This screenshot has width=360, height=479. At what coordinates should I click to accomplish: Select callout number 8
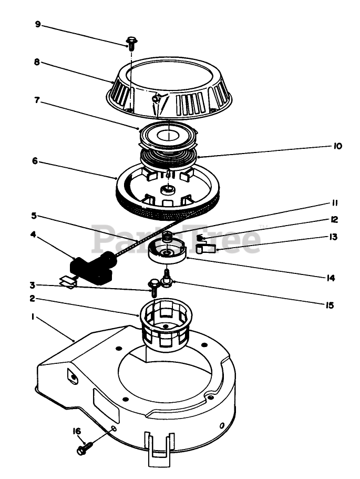[x=37, y=62]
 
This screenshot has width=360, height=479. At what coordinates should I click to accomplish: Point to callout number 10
[x=337, y=146]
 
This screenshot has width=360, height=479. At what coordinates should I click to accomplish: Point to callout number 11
[x=335, y=203]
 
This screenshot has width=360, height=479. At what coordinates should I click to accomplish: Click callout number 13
[x=334, y=237]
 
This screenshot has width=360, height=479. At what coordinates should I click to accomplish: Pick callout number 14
[x=330, y=278]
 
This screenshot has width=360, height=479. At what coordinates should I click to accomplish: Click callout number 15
[x=330, y=304]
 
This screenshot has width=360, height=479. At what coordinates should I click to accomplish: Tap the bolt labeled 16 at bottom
[x=84, y=449]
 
